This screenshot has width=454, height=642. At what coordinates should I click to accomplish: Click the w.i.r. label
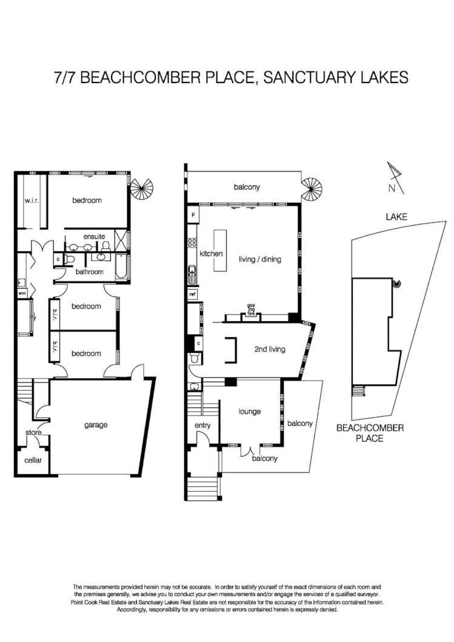[x=32, y=200]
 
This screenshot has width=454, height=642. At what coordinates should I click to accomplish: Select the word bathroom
[x=89, y=272]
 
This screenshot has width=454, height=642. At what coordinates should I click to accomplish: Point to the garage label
[x=96, y=425]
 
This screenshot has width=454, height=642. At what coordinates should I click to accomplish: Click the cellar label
[x=33, y=460]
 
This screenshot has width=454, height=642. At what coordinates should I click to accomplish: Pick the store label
[x=33, y=432]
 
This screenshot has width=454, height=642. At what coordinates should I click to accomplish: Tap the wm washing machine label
[x=22, y=293]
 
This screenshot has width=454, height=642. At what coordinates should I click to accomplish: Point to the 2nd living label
[x=269, y=349]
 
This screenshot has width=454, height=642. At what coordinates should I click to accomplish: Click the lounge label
[x=249, y=411]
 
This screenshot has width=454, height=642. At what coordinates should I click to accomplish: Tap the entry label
[x=202, y=425]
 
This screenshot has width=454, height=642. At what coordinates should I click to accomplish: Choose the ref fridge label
[x=192, y=294]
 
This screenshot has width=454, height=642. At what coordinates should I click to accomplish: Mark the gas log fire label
[x=250, y=309]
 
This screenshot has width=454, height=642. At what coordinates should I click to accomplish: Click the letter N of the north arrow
[x=392, y=188]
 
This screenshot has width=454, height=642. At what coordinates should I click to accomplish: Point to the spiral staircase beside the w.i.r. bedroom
[x=143, y=190]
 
